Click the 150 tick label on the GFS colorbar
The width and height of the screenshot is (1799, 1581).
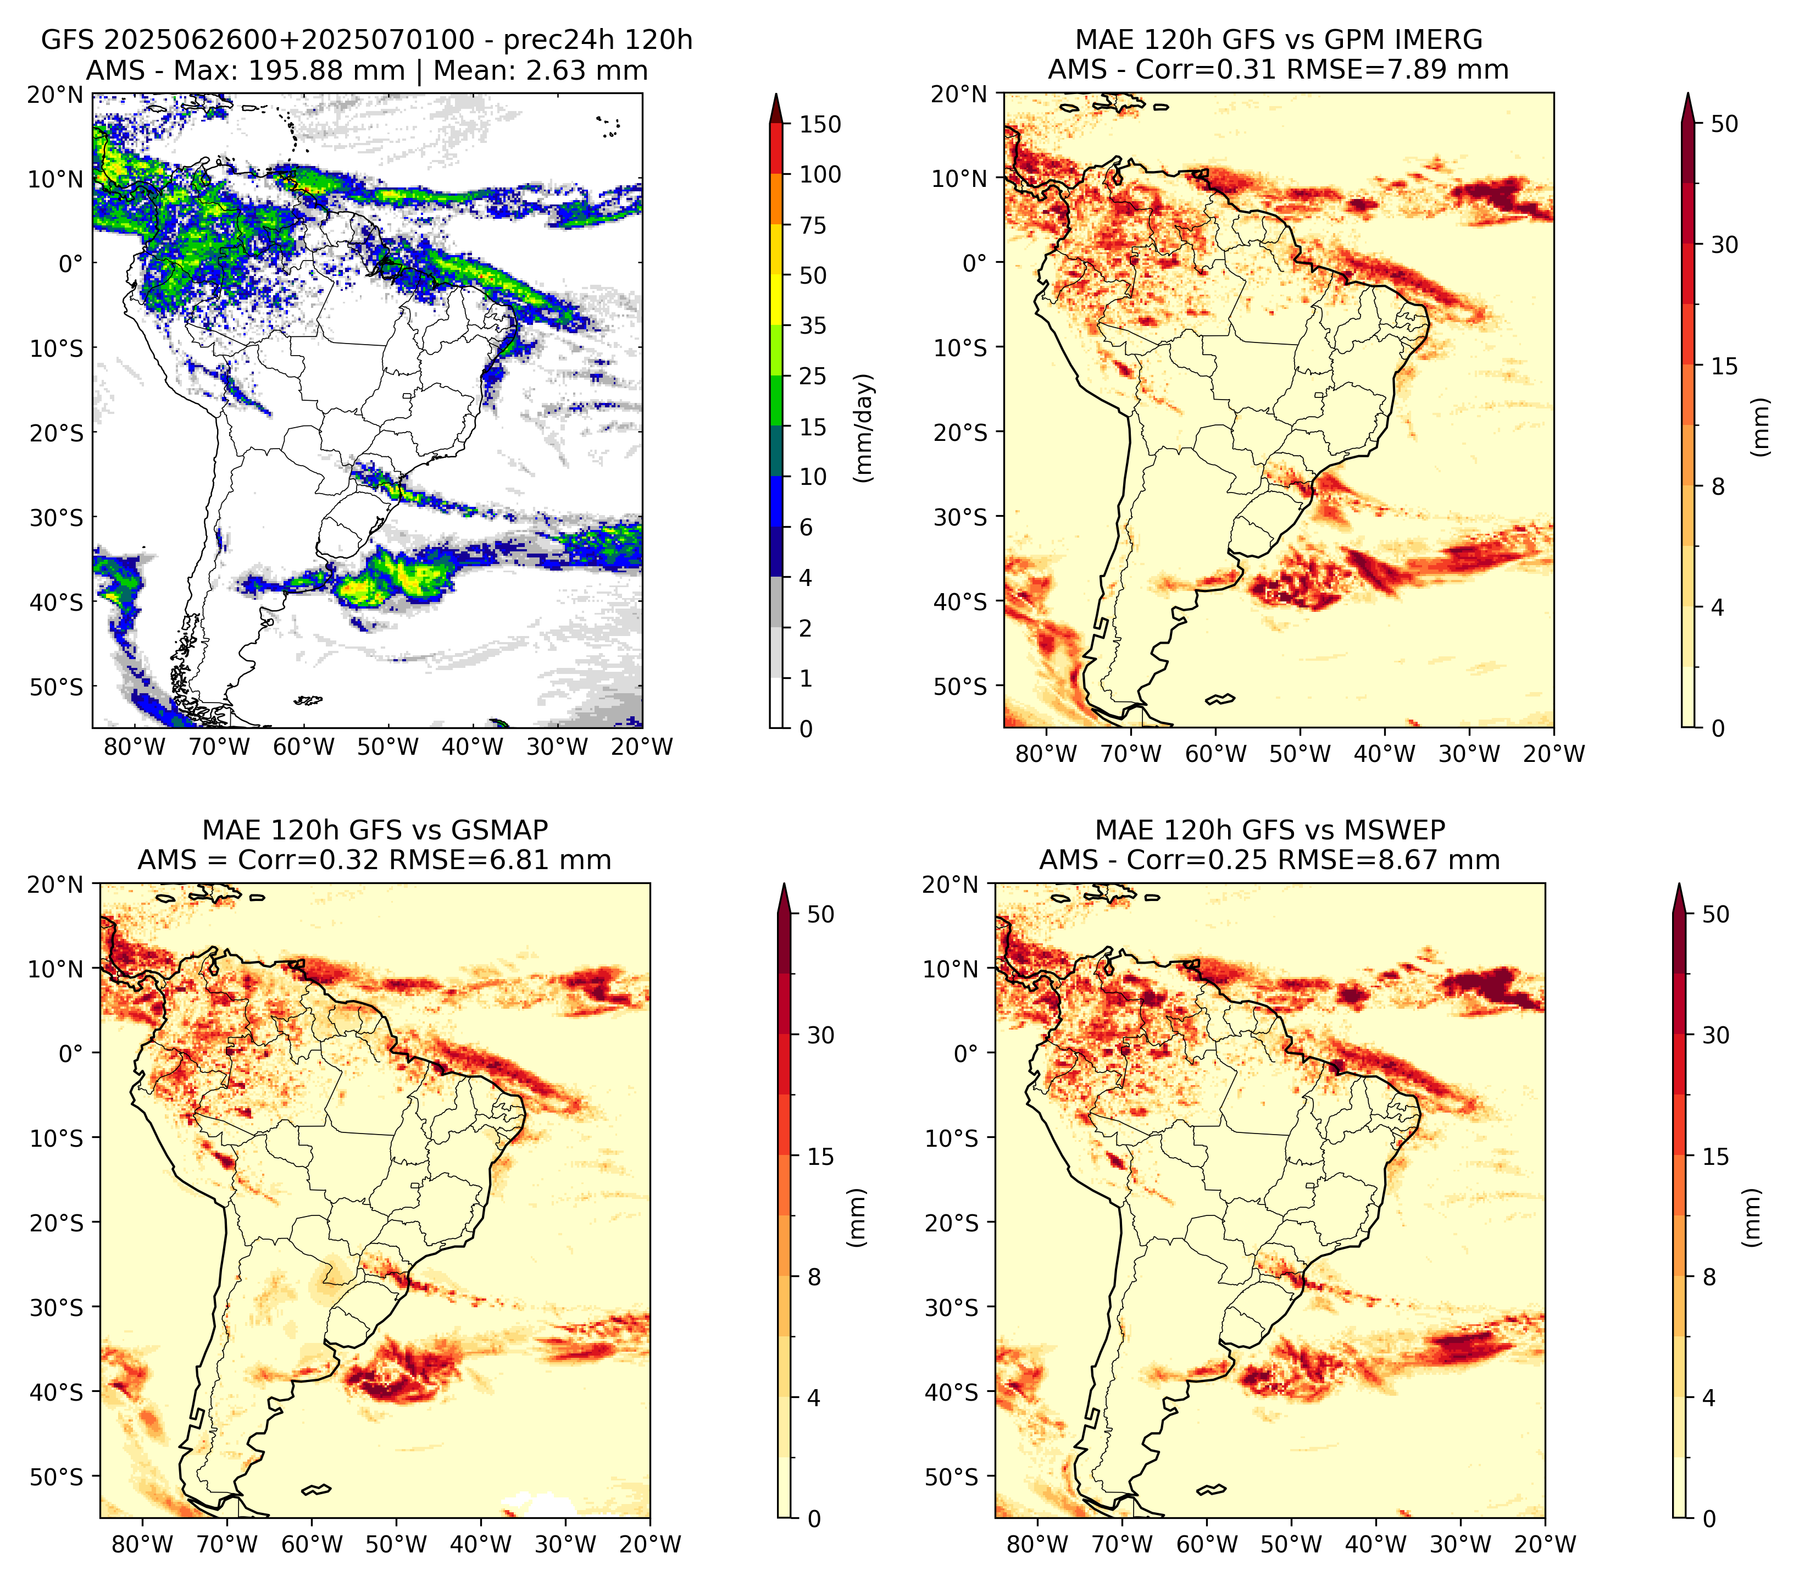click(x=820, y=125)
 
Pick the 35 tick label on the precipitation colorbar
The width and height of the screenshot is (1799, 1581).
click(x=813, y=325)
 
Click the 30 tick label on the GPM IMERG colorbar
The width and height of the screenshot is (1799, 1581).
click(x=1724, y=245)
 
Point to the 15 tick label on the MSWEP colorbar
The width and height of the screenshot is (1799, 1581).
click(x=1716, y=1157)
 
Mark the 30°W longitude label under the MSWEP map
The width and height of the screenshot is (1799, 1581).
click(x=1461, y=1544)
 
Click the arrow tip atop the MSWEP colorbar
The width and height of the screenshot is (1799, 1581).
click(x=1679, y=885)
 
